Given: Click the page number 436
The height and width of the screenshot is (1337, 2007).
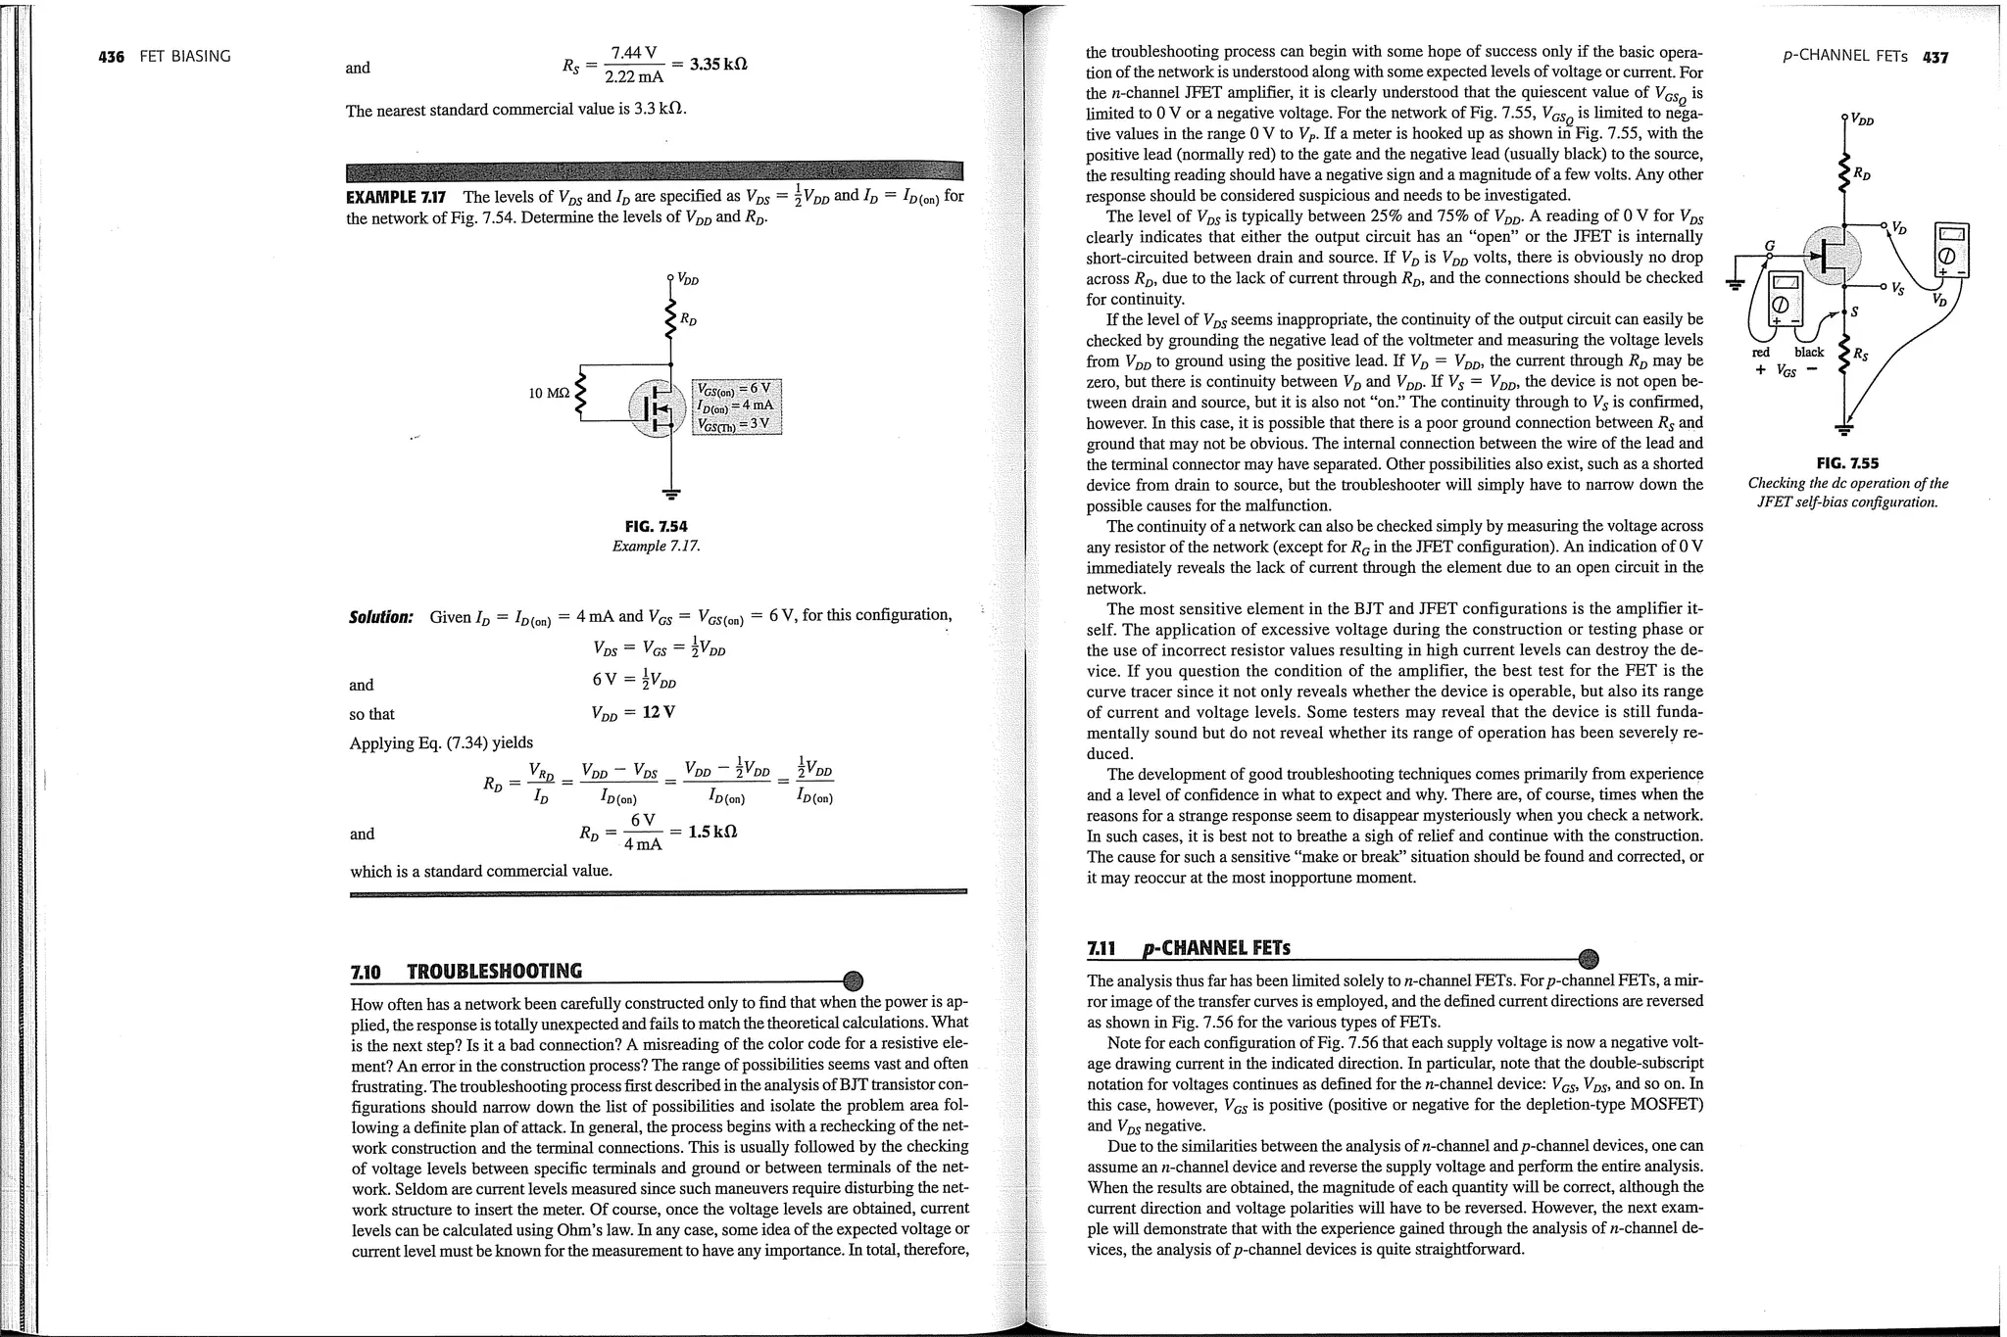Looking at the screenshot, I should pos(112,57).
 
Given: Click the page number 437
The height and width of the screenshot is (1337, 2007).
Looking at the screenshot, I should pos(1935,57).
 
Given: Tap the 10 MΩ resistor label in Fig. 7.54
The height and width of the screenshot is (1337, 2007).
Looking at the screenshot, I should pos(548,394).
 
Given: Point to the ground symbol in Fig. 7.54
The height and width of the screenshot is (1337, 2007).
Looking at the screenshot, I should pos(671,492).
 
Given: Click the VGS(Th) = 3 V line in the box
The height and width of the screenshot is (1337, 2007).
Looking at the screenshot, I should pos(735,424).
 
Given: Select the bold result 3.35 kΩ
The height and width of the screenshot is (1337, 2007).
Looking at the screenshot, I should pos(719,65).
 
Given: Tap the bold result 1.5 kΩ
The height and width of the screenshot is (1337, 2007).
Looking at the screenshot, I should pos(712,832).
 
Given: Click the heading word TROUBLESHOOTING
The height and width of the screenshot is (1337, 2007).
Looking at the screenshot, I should pos(494,972).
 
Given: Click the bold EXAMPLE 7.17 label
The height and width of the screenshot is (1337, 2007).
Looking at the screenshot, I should pos(397,197).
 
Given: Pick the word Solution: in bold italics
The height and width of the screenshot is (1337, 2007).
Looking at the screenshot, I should pos(381,617).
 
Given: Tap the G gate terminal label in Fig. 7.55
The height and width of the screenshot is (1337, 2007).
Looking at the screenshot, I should pos(1770,245).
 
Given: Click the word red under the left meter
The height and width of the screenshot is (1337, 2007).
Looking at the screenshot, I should pos(1761,353).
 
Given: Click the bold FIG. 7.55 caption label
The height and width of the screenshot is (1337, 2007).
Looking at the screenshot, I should pos(1847,463).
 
